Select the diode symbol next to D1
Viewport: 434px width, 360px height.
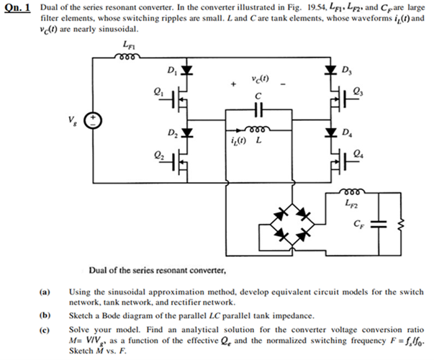coord(187,71)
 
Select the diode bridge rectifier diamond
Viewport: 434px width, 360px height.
coord(293,222)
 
